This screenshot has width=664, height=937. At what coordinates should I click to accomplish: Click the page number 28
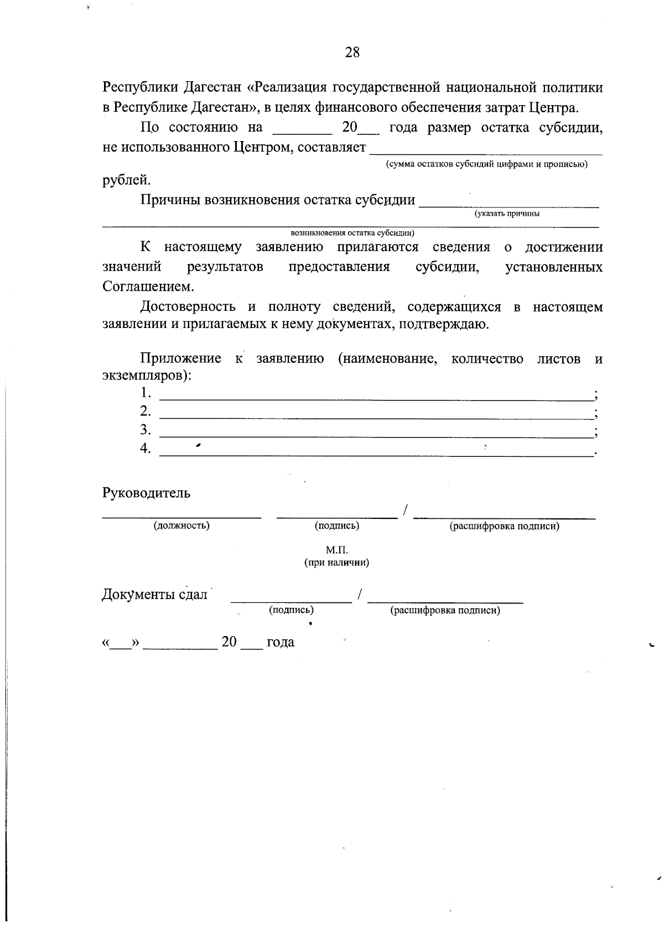coord(352,53)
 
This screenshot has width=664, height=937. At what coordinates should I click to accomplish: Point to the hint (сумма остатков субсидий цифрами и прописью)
coord(486,164)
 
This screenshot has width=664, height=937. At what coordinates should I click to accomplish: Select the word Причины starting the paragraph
coord(169,200)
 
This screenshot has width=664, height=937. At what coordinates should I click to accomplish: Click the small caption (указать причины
coord(506,214)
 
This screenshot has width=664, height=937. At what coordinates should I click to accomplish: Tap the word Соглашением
coord(148,287)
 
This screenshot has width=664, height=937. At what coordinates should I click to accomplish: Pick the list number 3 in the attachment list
coord(145,430)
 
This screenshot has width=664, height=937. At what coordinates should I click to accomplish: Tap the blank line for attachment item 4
coord(375,453)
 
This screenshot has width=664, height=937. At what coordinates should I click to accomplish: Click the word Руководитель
coord(146,493)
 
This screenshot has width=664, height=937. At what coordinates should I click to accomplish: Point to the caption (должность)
coord(181,525)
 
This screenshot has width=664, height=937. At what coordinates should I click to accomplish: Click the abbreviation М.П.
coord(336,550)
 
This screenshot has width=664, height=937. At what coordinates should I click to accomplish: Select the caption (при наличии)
coord(336,563)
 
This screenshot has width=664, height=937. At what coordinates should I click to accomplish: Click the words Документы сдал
coord(154,595)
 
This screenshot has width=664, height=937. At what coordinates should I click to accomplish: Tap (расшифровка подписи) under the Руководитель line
coord(504,526)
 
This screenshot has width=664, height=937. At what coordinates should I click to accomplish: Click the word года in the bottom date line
coord(280,642)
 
